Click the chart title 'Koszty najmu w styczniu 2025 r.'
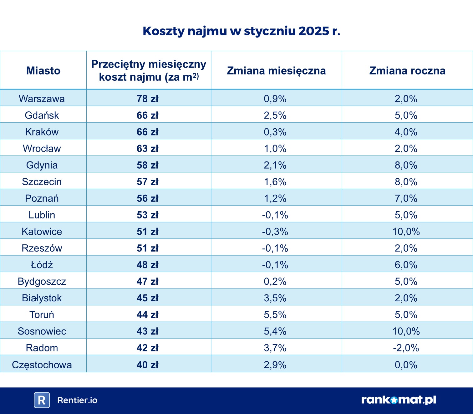241,31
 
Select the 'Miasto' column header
43,71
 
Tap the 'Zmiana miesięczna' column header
276,71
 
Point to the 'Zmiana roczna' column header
407,71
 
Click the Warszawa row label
42,99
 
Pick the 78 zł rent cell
147,99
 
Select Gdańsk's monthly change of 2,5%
275,115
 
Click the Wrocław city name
42,148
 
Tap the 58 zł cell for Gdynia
147,165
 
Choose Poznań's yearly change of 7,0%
406,198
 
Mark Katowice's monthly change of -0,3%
275,232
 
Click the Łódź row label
42,265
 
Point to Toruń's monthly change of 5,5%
275,314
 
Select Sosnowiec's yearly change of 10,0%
406,331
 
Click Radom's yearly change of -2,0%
406,348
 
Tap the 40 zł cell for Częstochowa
147,365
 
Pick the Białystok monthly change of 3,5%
275,298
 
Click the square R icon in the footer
42,400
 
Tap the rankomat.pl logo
398,400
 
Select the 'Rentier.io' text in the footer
77,400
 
